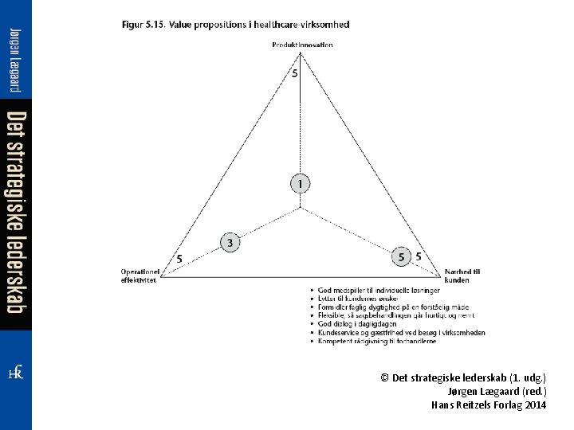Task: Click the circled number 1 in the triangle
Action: [299, 184]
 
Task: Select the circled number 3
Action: [230, 242]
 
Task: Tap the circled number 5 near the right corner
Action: [402, 256]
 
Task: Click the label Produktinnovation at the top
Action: [302, 45]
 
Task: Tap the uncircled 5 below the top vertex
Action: [294, 74]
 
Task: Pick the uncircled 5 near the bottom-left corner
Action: [179, 259]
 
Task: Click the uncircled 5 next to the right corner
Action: [419, 256]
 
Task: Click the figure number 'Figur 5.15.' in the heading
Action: [143, 25]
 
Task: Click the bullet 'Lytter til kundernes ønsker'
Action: [366, 299]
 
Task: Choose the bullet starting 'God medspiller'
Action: [379, 290]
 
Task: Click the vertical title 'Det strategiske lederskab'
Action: [16, 212]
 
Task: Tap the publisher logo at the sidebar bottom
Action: [15, 372]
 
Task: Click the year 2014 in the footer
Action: [536, 405]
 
